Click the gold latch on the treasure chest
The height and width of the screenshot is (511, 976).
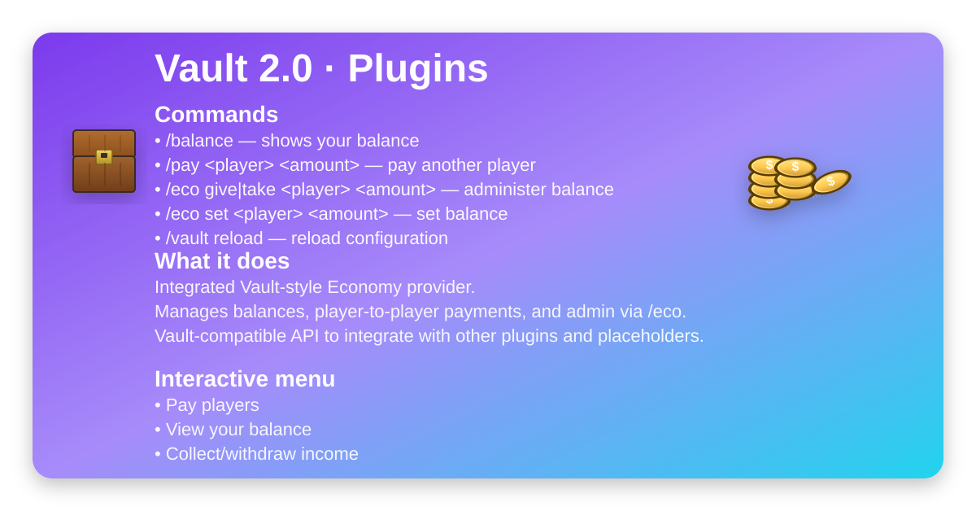pos(104,156)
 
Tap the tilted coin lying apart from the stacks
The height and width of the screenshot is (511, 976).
pos(832,181)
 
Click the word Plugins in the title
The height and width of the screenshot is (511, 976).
pos(418,69)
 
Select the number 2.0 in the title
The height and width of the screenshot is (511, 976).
pos(285,68)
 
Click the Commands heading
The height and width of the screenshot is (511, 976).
pos(216,114)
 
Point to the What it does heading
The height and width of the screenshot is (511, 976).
pos(222,260)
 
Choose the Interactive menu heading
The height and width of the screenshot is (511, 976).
pos(245,378)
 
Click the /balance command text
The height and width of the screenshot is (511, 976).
pos(199,141)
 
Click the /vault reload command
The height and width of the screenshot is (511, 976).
pos(215,238)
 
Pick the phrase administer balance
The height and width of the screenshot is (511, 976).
pos(538,190)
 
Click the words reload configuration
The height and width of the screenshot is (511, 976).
pos(369,238)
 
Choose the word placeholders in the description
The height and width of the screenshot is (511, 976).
pos(651,336)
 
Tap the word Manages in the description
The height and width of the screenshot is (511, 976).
pos(191,312)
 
